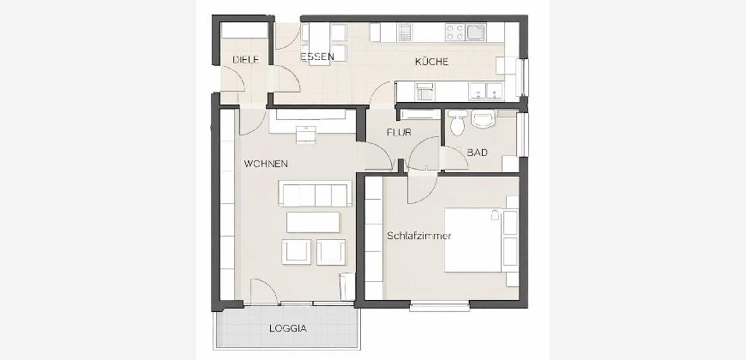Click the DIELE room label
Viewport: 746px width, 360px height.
click(245, 60)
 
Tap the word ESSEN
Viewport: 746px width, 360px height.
click(317, 57)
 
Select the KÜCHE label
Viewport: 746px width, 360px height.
click(431, 62)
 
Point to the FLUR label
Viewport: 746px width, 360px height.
click(399, 133)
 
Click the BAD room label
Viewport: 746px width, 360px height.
click(477, 153)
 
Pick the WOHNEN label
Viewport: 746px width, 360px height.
click(266, 164)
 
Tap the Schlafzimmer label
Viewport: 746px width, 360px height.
click(418, 236)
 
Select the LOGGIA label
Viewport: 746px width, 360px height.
click(288, 328)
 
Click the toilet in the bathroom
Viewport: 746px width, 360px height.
click(458, 122)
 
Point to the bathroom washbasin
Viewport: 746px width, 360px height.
click(484, 119)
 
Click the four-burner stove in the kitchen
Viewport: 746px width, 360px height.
click(454, 33)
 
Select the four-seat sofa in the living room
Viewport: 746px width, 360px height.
click(315, 193)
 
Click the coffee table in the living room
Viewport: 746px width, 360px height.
click(313, 222)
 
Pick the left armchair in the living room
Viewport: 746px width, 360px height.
click(296, 252)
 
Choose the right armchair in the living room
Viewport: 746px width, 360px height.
click(331, 252)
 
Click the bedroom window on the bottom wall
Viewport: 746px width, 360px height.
click(440, 306)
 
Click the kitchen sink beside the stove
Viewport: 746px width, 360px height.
click(476, 32)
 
